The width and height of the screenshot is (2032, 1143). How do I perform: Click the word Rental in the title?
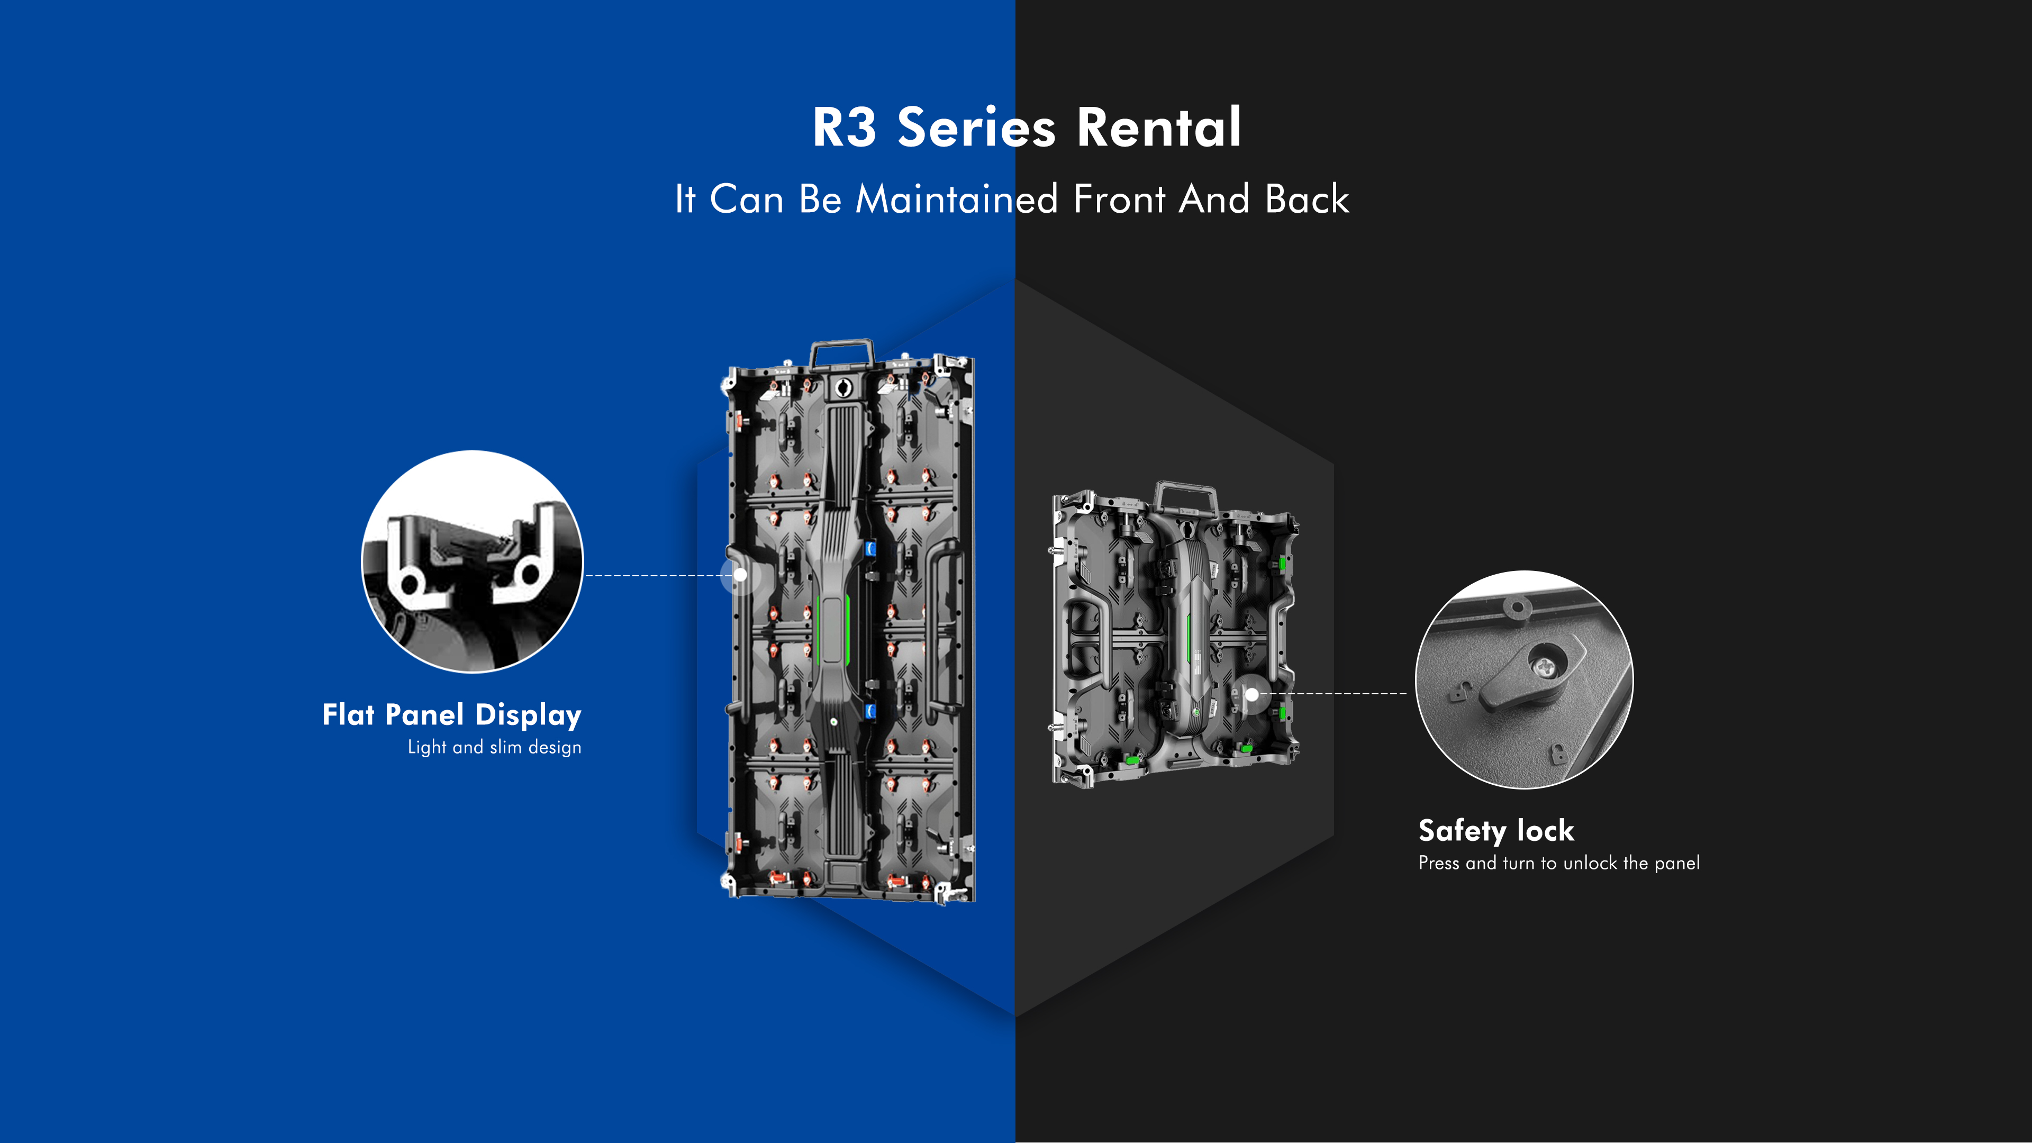click(x=1159, y=128)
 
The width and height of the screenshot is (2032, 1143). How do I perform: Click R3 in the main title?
click(x=844, y=128)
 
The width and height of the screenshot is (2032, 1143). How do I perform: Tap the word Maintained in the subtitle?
click(x=956, y=199)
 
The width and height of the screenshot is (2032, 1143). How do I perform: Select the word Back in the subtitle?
click(x=1307, y=199)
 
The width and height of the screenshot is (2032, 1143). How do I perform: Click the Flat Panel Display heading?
click(x=452, y=715)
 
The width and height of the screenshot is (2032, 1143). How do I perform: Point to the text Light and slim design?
click(x=495, y=747)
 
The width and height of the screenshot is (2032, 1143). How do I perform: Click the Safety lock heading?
click(x=1495, y=831)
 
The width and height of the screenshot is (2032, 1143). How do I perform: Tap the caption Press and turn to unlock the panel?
click(x=1559, y=863)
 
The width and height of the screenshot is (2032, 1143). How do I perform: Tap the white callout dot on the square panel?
click(x=1252, y=695)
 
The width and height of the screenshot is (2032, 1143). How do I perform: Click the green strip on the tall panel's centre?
click(x=833, y=629)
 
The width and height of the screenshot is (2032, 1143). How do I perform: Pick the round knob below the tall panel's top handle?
click(x=842, y=387)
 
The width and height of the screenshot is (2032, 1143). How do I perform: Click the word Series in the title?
click(x=976, y=128)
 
